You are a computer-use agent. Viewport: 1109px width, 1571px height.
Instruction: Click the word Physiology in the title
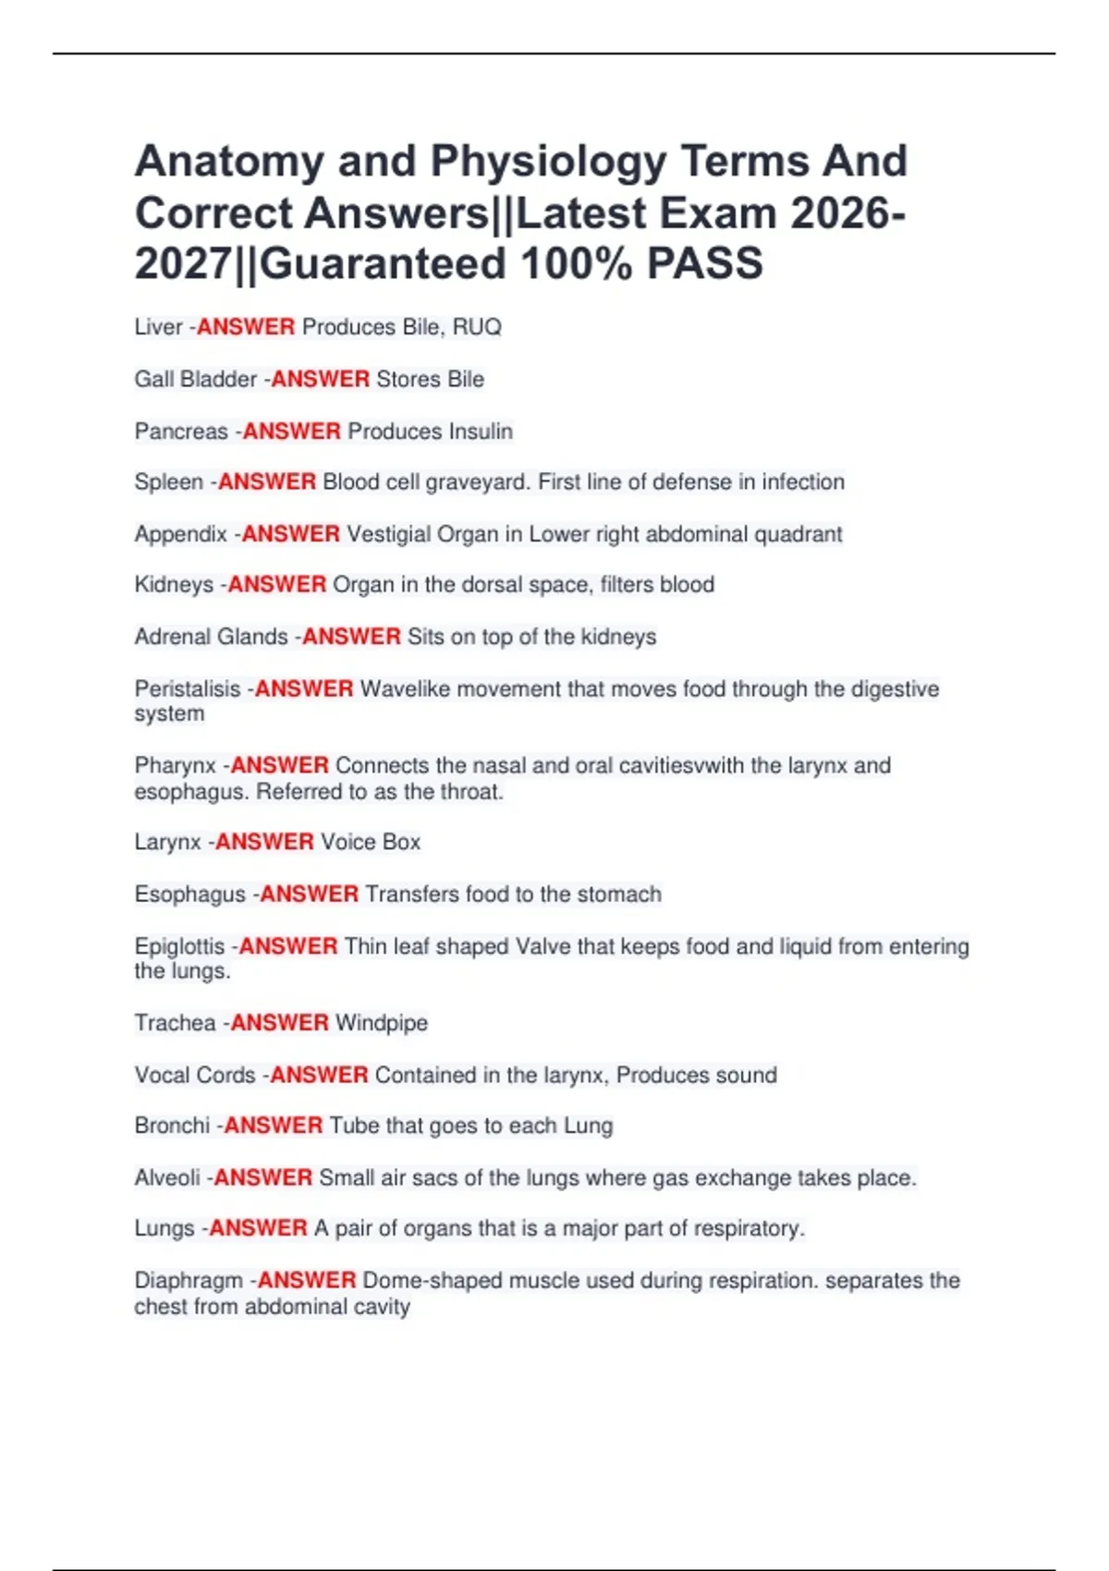(547, 163)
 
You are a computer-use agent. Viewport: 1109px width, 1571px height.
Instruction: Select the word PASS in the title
(704, 264)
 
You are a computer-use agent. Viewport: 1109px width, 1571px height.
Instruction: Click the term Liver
(158, 327)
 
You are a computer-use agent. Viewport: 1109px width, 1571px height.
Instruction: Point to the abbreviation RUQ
(477, 327)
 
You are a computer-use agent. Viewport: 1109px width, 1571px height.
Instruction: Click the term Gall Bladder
(195, 380)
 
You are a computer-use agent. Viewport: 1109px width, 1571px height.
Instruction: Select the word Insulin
(481, 432)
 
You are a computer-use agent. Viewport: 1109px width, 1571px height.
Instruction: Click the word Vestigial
(388, 534)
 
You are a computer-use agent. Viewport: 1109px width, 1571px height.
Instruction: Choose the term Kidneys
(174, 585)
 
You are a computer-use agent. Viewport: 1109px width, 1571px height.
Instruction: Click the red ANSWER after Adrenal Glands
(351, 637)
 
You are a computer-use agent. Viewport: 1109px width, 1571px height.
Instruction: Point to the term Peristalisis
(187, 689)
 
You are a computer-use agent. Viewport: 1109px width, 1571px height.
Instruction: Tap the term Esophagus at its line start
(189, 895)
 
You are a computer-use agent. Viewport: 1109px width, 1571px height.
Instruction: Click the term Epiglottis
(179, 946)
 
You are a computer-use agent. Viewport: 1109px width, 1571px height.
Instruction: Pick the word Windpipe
(382, 1023)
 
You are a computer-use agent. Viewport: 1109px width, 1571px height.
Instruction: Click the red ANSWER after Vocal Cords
(319, 1075)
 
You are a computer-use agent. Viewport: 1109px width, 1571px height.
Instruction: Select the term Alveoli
(166, 1178)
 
